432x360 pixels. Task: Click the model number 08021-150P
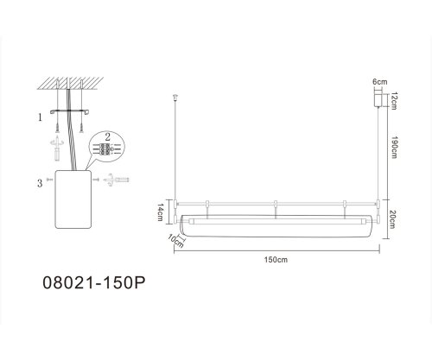pyautogui.click(x=94, y=283)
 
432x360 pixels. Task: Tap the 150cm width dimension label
pyautogui.click(x=276, y=260)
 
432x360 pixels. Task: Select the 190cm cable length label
pyautogui.click(x=394, y=146)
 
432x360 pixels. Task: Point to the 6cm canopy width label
pyautogui.click(x=380, y=82)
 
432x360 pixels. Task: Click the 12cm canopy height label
pyautogui.click(x=394, y=101)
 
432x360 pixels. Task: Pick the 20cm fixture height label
pyautogui.click(x=392, y=219)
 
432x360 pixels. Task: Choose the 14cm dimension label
pyautogui.click(x=161, y=212)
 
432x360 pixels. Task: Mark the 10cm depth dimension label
pyautogui.click(x=175, y=241)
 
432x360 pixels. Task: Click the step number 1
pyautogui.click(x=40, y=117)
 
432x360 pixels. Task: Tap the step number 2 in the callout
pyautogui.click(x=107, y=137)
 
